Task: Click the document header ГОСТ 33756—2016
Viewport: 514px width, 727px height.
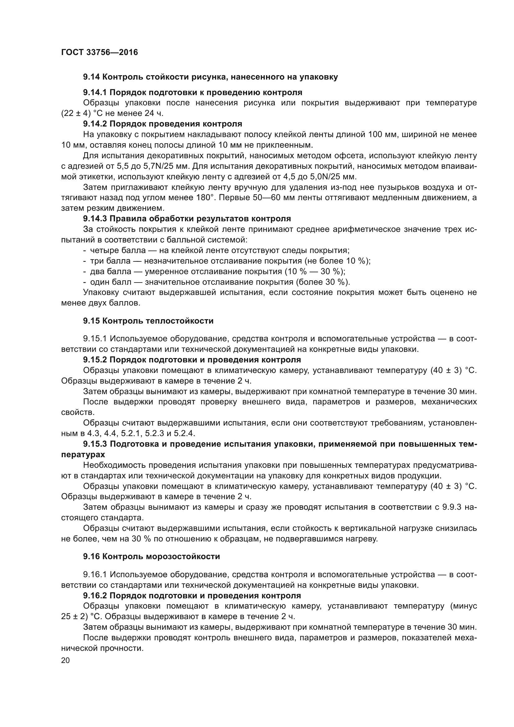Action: click(x=99, y=52)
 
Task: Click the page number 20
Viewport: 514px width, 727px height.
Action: click(x=66, y=660)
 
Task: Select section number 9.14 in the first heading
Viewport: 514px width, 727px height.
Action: click(x=91, y=77)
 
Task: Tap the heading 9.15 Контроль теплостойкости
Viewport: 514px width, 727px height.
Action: click(x=148, y=321)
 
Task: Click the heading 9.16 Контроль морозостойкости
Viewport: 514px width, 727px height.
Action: click(x=151, y=557)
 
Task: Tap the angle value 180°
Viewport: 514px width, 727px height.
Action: click(x=204, y=198)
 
